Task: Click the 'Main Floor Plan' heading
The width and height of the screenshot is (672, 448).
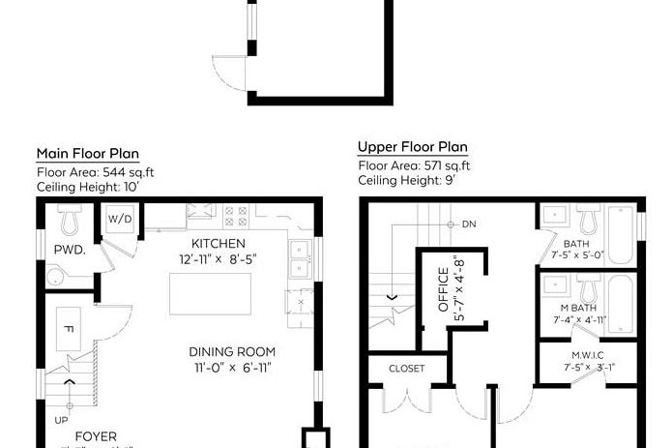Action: (x=87, y=153)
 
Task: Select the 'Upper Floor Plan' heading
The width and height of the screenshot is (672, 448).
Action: (x=413, y=147)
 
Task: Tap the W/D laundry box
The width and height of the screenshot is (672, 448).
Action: (x=119, y=219)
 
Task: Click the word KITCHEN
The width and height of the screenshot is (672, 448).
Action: (x=218, y=243)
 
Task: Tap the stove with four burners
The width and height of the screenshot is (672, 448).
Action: (x=235, y=215)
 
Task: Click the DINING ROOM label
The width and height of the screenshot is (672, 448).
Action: (x=232, y=351)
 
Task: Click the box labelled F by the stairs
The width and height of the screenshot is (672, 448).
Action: (x=68, y=330)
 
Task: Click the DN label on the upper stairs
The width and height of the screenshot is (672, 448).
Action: (x=469, y=224)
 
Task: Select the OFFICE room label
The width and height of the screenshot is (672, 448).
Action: (x=444, y=289)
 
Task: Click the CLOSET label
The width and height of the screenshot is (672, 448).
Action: (x=406, y=369)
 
